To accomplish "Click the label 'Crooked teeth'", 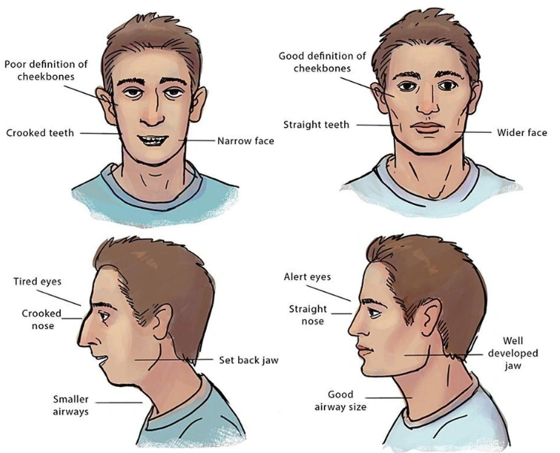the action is [x=41, y=133].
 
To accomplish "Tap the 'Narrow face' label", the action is [x=246, y=140].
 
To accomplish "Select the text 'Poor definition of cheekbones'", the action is [x=46, y=71].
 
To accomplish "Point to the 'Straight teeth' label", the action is [x=316, y=125].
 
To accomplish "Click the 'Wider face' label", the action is [x=522, y=133].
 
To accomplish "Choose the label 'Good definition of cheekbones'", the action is [x=322, y=62].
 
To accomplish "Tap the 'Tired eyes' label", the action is [x=38, y=282].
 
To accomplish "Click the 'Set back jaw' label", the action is [x=248, y=360].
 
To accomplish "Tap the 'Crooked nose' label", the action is [x=38, y=319].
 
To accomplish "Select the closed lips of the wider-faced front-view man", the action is [x=426, y=128].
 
